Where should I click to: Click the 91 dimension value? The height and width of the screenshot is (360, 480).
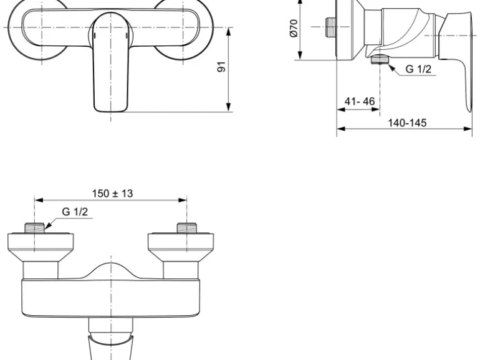click(221, 67)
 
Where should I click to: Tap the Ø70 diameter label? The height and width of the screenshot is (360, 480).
click(294, 28)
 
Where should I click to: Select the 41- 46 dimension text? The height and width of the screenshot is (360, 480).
click(360, 102)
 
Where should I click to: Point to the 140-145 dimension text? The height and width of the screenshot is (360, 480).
click(407, 123)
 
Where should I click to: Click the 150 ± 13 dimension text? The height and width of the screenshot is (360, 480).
click(113, 193)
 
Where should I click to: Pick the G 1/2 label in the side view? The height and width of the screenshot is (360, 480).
click(418, 69)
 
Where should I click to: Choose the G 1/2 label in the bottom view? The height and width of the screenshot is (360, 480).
click(75, 212)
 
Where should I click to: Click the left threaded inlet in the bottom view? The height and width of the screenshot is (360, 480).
click(34, 228)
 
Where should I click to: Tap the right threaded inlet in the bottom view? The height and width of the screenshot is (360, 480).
click(187, 228)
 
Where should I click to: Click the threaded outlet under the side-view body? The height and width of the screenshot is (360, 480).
click(380, 59)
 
